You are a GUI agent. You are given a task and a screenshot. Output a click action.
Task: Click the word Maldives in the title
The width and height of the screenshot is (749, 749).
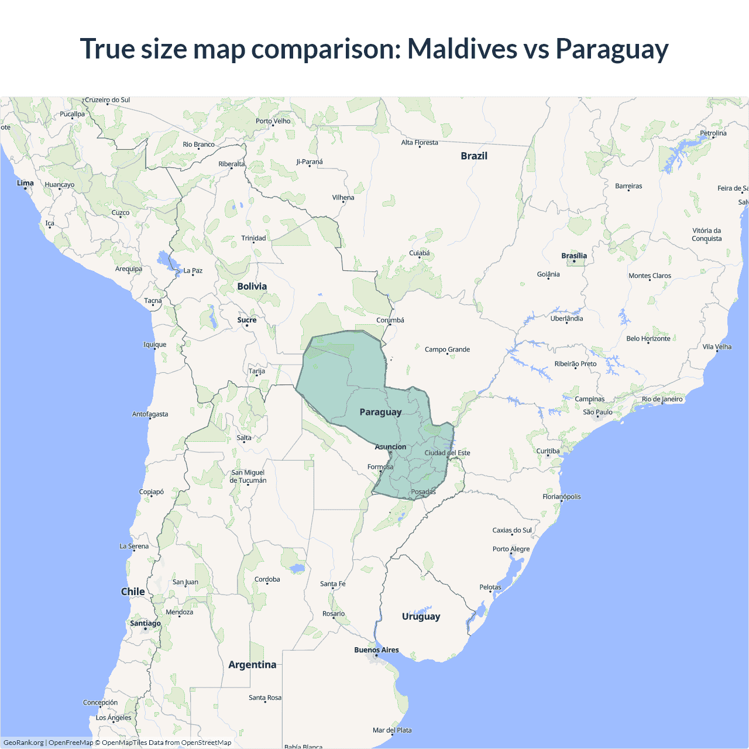click(462, 49)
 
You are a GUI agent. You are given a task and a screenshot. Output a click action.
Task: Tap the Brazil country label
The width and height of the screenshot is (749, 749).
click(474, 156)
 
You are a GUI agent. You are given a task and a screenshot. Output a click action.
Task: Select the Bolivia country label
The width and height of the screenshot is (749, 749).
click(252, 286)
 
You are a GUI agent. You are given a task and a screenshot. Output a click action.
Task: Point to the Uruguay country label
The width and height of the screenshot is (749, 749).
click(421, 616)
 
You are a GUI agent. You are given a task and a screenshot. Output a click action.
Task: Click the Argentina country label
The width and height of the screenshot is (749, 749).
click(252, 665)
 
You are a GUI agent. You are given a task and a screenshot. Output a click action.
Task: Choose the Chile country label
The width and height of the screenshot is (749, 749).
click(133, 592)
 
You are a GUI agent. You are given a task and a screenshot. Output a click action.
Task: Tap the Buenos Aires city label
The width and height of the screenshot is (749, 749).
click(376, 650)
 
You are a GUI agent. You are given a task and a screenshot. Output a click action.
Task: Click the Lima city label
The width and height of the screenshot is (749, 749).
click(25, 183)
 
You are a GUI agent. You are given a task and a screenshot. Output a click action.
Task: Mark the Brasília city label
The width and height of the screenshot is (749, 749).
click(574, 256)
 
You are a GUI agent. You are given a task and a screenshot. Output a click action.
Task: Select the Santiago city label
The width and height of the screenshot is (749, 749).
click(145, 623)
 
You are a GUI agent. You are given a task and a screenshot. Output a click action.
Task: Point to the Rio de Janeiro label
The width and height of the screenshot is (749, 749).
click(662, 399)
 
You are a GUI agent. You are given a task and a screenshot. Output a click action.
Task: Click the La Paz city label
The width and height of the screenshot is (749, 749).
click(193, 270)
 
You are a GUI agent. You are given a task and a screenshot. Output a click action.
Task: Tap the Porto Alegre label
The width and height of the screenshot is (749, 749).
click(511, 549)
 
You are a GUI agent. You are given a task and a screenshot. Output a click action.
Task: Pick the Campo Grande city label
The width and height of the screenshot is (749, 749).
click(447, 349)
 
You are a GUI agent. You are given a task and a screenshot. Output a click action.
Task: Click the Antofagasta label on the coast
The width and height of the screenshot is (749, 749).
click(150, 414)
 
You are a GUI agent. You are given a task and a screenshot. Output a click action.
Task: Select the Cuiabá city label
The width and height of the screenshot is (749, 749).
click(420, 253)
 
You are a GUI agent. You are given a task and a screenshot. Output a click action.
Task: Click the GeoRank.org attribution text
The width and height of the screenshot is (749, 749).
click(23, 743)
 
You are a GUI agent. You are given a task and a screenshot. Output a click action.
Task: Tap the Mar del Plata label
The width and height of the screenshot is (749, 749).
click(392, 730)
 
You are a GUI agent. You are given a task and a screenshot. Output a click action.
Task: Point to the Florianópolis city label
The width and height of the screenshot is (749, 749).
click(562, 497)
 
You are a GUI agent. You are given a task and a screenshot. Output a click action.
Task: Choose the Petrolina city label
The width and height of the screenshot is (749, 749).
click(713, 133)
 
